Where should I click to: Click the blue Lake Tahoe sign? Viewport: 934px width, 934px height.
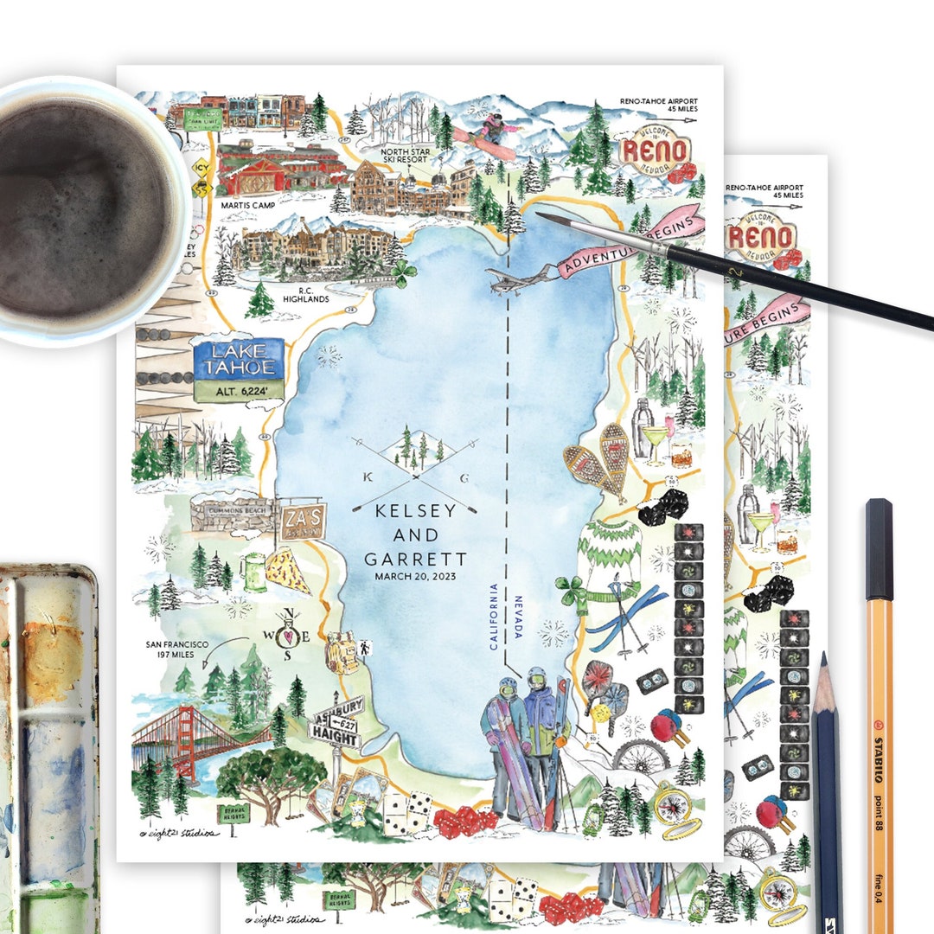tap(239, 359)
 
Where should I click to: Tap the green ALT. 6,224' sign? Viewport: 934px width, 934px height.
tap(239, 391)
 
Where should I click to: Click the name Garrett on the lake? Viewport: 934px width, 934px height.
tap(415, 559)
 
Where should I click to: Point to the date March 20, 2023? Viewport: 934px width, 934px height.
tap(415, 576)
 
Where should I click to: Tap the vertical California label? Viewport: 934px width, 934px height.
tap(494, 617)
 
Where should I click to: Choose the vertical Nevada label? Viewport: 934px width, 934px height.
tap(519, 617)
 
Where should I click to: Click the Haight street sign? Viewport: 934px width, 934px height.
tap(334, 739)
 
